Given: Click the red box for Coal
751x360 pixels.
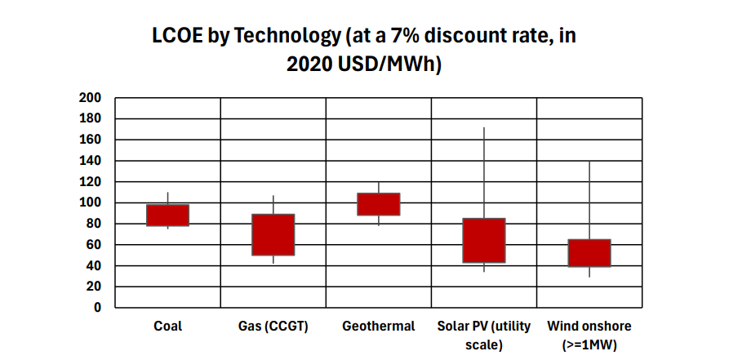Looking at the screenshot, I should [x=167, y=215].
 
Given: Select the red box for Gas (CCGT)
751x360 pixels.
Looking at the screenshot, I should [x=273, y=235].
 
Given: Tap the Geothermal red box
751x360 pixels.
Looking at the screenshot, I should [x=379, y=204].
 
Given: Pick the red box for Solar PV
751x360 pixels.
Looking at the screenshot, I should [x=484, y=241].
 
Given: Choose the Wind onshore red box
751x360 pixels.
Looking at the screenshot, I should [x=589, y=253].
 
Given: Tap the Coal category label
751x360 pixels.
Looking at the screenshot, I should [x=167, y=327].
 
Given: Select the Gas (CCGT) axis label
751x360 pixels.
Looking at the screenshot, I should [x=273, y=327].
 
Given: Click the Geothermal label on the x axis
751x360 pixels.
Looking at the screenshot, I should [x=379, y=327].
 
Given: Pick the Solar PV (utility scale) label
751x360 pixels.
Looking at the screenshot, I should [x=484, y=335].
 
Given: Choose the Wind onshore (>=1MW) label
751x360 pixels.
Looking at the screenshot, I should [x=589, y=335].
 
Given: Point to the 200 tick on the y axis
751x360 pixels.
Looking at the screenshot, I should [x=90, y=98].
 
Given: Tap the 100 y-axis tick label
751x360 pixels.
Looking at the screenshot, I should [x=90, y=202].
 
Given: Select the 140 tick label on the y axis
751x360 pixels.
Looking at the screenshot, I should [x=90, y=161].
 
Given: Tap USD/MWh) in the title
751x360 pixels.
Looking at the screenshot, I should [x=391, y=65].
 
